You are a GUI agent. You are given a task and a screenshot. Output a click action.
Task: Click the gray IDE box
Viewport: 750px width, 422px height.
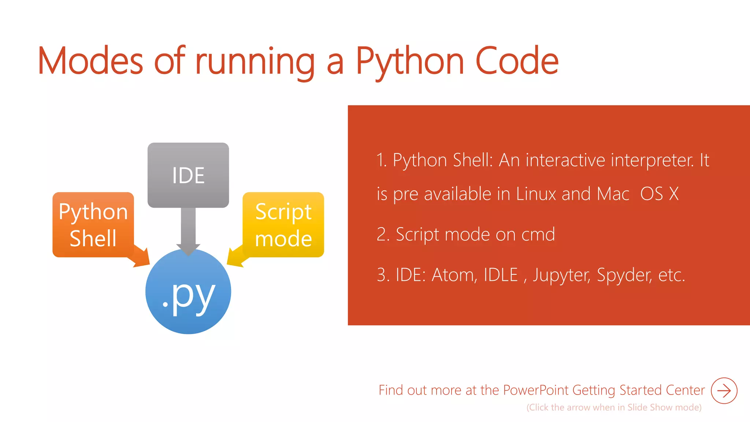point(188,175)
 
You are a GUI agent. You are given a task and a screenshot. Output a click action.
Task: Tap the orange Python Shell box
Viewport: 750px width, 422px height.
point(93,225)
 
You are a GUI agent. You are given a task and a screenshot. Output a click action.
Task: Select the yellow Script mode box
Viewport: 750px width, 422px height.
point(283,225)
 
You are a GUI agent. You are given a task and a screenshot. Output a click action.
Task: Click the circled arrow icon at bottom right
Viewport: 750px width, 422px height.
point(724,390)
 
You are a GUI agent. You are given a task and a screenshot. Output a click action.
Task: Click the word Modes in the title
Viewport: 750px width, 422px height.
point(90,62)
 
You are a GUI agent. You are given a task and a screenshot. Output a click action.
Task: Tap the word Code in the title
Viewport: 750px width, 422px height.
point(517,62)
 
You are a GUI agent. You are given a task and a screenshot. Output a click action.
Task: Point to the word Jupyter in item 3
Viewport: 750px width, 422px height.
point(561,275)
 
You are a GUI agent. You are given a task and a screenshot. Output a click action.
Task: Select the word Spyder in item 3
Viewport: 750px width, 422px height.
point(624,275)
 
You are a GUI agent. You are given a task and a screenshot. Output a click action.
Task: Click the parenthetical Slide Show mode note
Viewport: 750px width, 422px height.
point(614,407)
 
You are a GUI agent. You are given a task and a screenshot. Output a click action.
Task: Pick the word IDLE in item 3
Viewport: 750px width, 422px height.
point(501,275)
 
